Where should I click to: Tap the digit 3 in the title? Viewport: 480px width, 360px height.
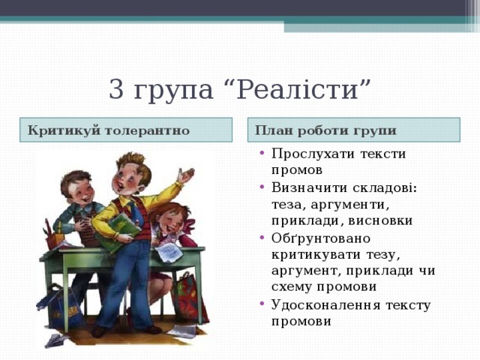pyautogui.click(x=116, y=90)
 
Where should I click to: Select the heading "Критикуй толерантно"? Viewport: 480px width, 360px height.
pyautogui.click(x=109, y=130)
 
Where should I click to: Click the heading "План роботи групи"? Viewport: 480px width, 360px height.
pyautogui.click(x=325, y=130)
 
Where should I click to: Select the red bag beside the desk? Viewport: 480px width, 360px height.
pyautogui.click(x=184, y=296)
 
